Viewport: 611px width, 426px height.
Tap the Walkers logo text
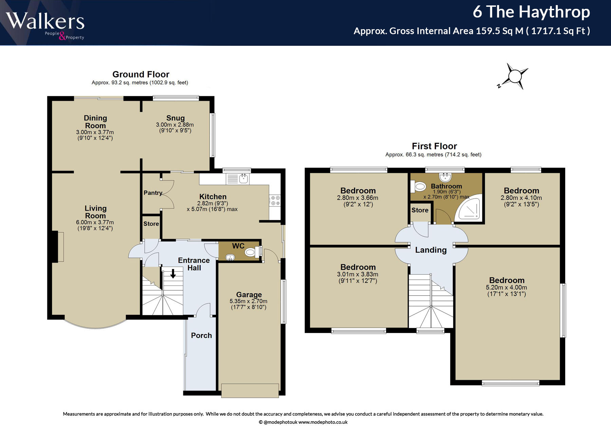point(45,21)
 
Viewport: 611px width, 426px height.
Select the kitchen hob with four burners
point(275,200)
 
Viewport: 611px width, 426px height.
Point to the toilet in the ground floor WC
point(252,252)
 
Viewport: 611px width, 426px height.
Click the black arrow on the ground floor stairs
point(173,273)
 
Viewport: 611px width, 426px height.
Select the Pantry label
point(153,193)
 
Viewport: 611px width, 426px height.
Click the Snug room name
point(175,118)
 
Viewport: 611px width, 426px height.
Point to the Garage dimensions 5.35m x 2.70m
point(248,301)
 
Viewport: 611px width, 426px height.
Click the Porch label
point(201,335)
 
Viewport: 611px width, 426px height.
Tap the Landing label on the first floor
point(431,250)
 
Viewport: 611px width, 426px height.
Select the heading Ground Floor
point(141,74)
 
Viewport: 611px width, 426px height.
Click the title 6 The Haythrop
point(531,12)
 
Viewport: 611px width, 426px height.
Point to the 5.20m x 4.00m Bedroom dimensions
point(506,288)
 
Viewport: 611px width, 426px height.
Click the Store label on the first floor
point(420,210)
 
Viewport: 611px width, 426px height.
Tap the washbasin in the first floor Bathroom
point(445,177)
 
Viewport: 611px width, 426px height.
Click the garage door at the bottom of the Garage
point(250,390)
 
